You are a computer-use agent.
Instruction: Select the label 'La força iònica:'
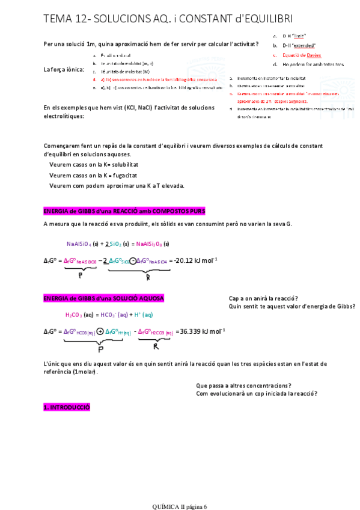[x=64, y=69]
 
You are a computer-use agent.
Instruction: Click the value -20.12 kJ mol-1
[x=195, y=260]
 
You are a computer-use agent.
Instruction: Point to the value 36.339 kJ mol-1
[x=203, y=331]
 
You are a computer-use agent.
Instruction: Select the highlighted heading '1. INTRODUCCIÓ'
[x=67, y=407]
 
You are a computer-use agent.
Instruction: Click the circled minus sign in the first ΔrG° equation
[x=132, y=260]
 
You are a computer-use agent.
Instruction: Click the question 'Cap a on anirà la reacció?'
[x=264, y=298]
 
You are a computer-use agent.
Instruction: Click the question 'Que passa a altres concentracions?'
[x=244, y=385]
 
